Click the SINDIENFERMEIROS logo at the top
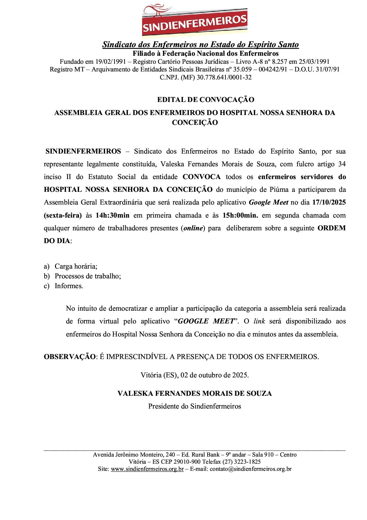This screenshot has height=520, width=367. [194, 20]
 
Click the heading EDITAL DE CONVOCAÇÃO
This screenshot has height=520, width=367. [205, 100]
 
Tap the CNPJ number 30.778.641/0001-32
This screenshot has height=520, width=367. [224, 78]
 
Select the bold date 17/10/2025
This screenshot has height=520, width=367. [329, 202]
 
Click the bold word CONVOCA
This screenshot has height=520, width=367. [202, 177]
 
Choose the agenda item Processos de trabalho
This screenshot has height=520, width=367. [88, 276]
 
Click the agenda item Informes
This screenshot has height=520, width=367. [69, 286]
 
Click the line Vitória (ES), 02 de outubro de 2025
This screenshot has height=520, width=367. [195, 375]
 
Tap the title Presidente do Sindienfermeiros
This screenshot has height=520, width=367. [194, 406]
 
